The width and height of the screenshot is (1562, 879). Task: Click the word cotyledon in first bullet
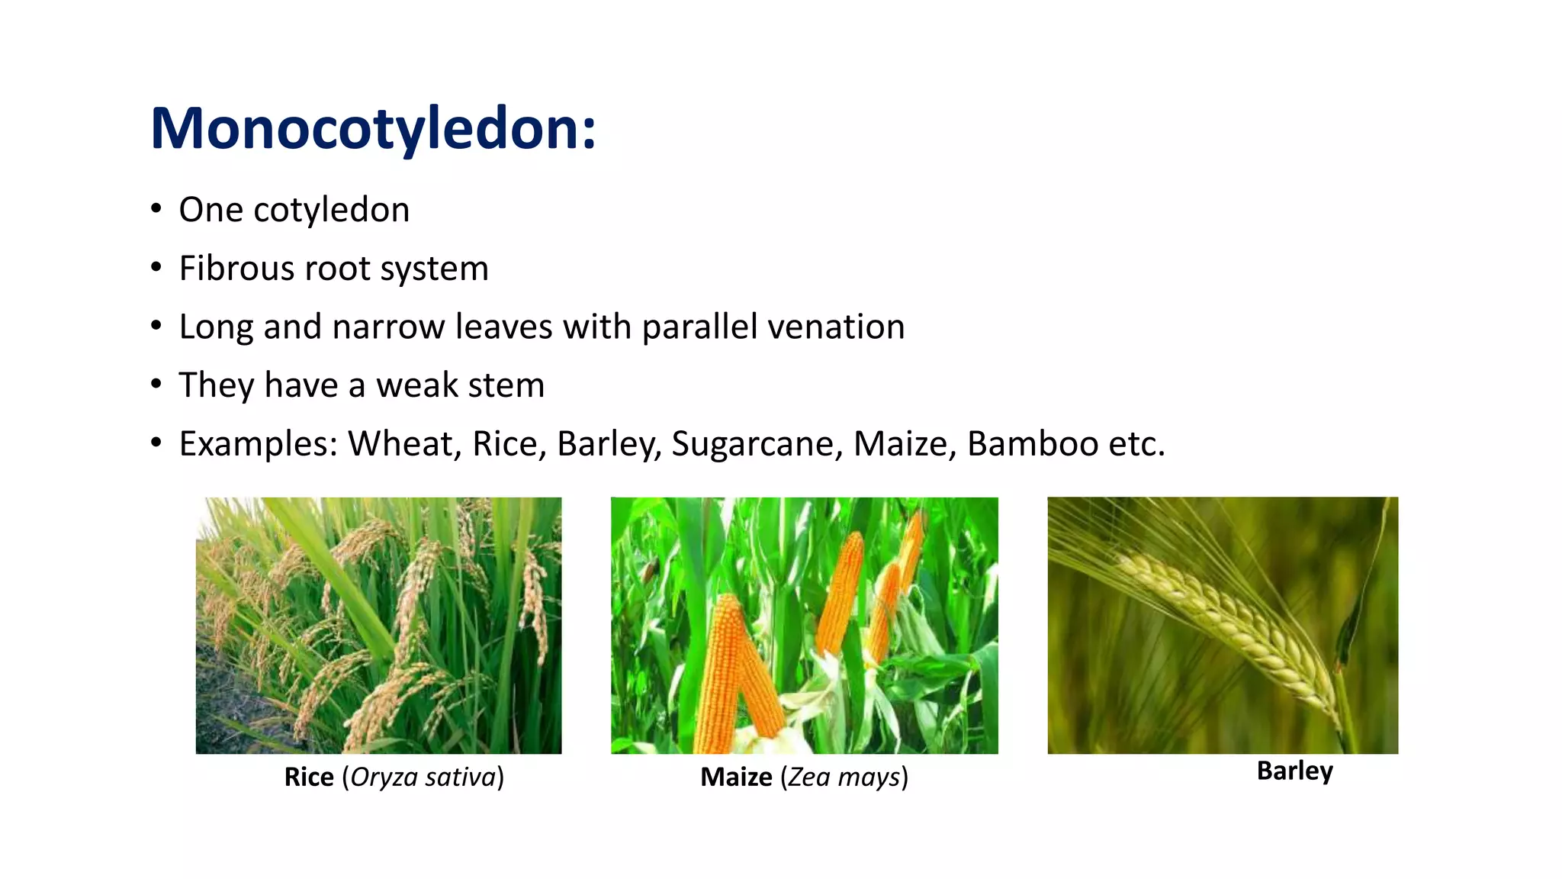pos(331,210)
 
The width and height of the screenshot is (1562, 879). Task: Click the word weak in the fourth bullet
pos(416,385)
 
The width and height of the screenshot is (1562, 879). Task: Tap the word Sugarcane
pos(757,444)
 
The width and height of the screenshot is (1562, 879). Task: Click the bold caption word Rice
pos(309,777)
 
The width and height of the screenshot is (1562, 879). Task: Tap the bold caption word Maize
pos(736,777)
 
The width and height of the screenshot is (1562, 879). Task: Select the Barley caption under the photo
pos(1294,771)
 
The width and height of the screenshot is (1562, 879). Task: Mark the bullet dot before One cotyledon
pos(156,209)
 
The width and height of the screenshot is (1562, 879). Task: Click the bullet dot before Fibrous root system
pos(156,268)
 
